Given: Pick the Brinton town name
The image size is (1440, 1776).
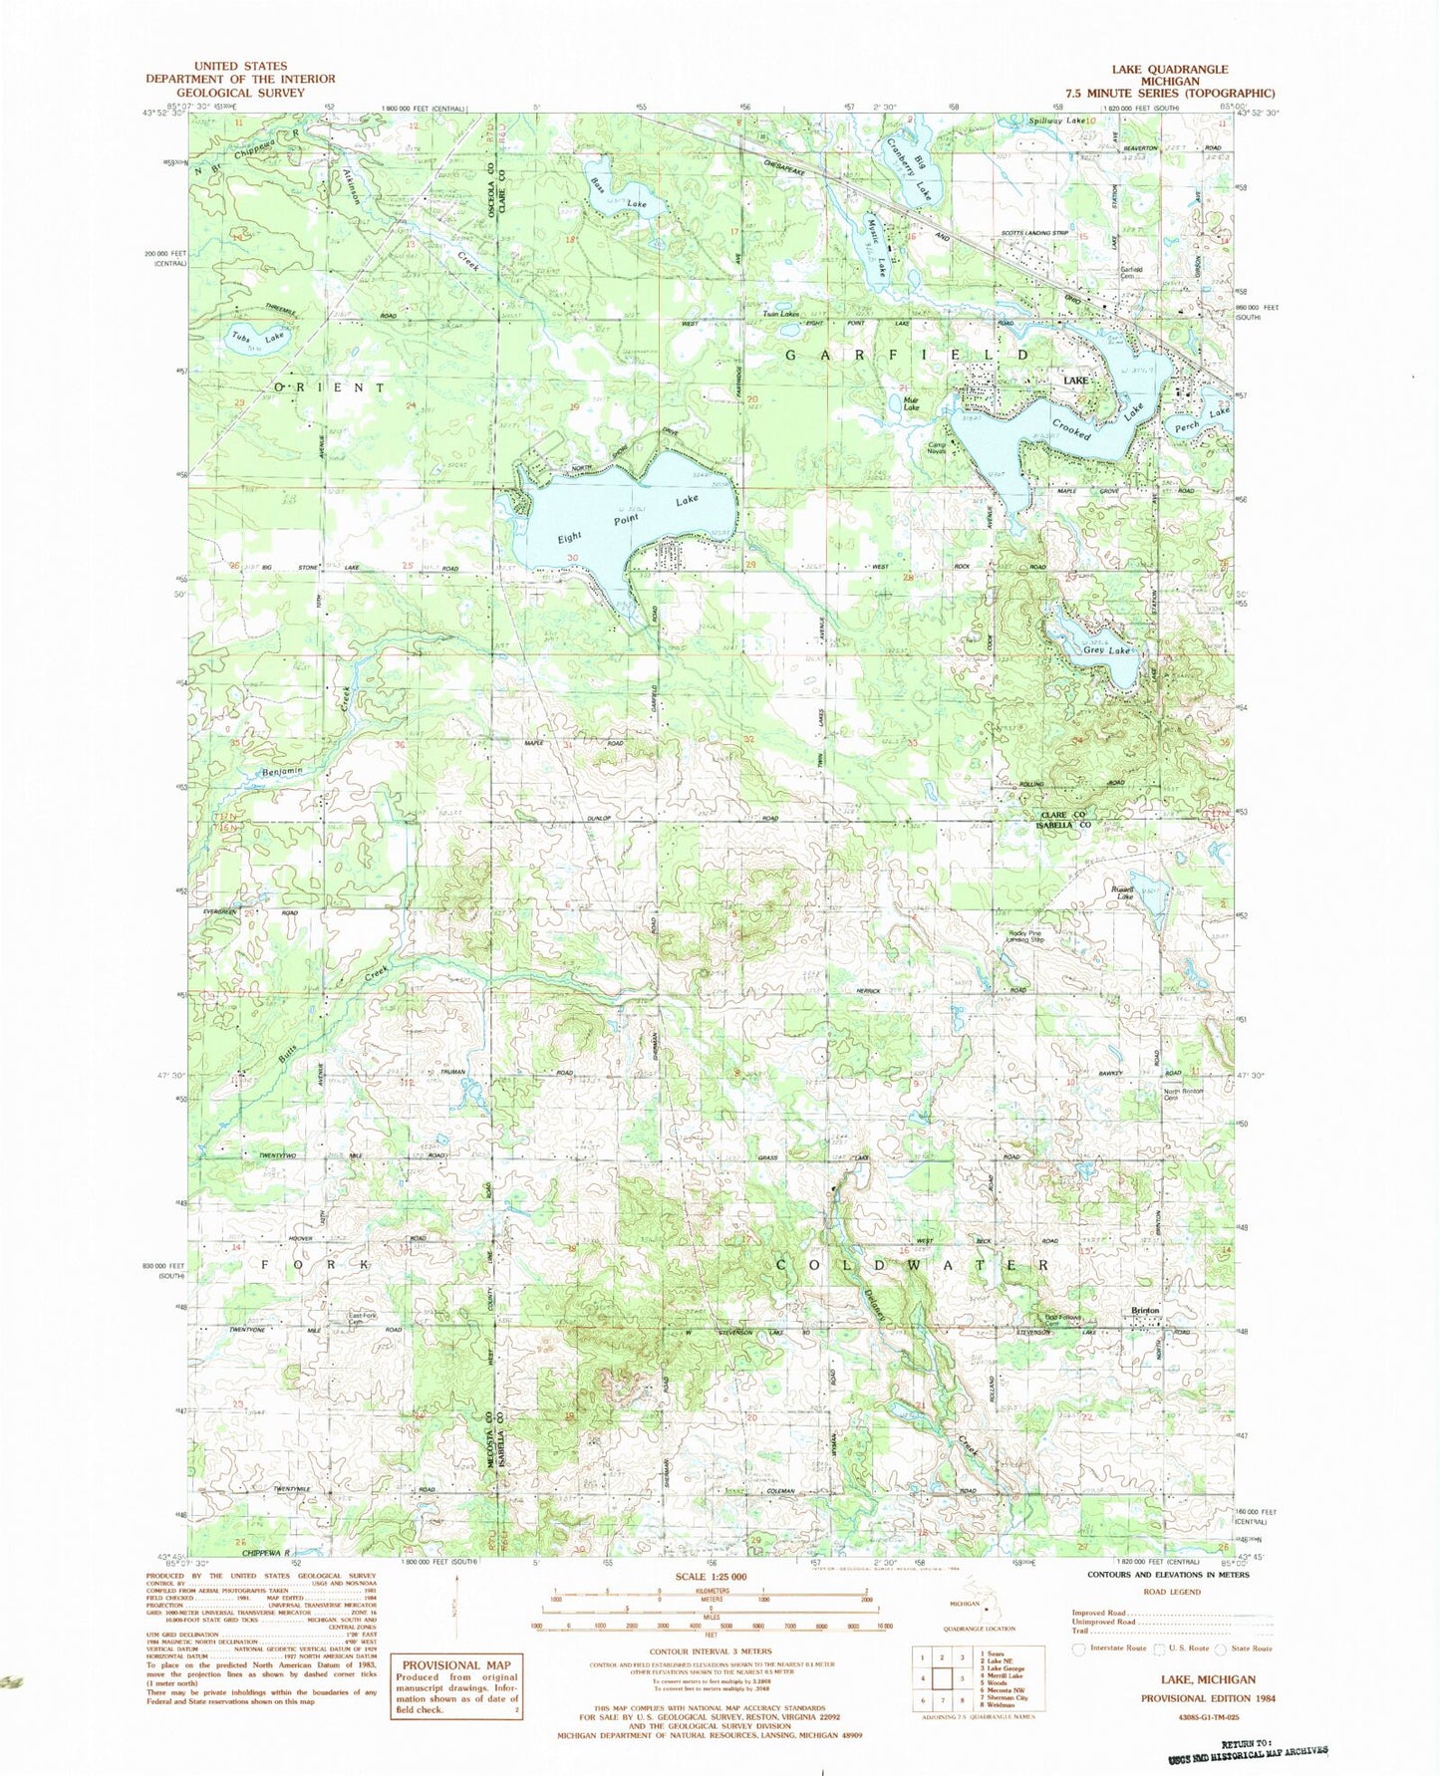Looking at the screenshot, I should click(x=1145, y=1311).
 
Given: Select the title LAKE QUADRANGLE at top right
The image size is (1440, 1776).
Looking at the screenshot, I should click(x=1170, y=70).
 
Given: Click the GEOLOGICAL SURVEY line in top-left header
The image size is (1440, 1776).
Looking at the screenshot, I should click(x=240, y=92).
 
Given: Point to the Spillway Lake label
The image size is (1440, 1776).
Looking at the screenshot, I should click(x=1057, y=121).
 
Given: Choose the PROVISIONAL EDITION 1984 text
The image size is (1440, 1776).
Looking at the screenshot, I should click(x=1208, y=1698).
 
